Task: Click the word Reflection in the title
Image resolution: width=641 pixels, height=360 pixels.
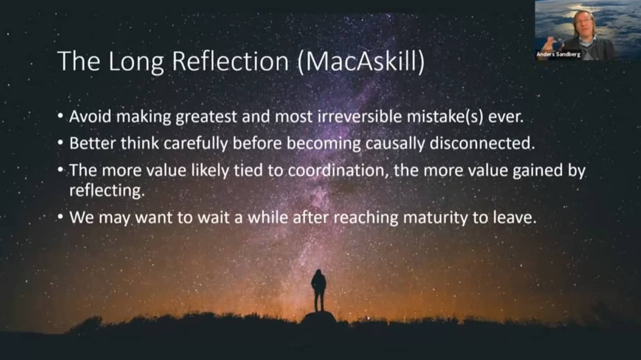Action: point(230,61)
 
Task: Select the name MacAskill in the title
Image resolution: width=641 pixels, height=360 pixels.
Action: point(361,61)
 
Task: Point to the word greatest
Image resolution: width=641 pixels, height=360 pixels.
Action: point(206,117)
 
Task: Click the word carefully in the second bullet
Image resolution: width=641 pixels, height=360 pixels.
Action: point(195,143)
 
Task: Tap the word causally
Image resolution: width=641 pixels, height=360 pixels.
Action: point(395,143)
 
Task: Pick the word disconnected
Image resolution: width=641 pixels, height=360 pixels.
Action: point(482,143)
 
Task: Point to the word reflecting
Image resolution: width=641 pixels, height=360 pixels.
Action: point(107,190)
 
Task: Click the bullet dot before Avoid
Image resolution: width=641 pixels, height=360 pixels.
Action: point(60,116)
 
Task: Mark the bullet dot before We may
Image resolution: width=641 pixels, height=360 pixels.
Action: point(60,218)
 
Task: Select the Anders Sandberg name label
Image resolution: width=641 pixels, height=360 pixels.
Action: point(558,54)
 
